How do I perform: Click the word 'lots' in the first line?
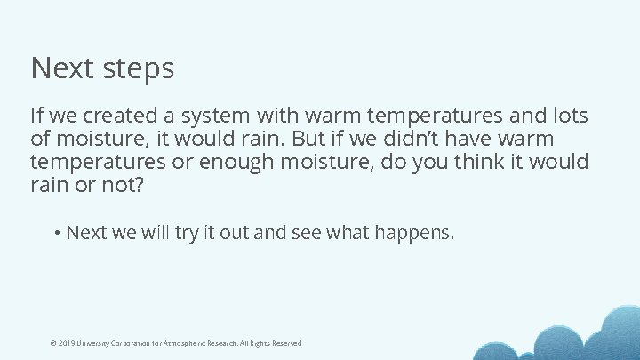coord(569,116)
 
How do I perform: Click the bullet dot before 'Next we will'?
coord(57,233)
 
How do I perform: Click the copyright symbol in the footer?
coord(54,343)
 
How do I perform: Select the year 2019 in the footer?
coord(67,343)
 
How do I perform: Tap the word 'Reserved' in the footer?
coord(286,343)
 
